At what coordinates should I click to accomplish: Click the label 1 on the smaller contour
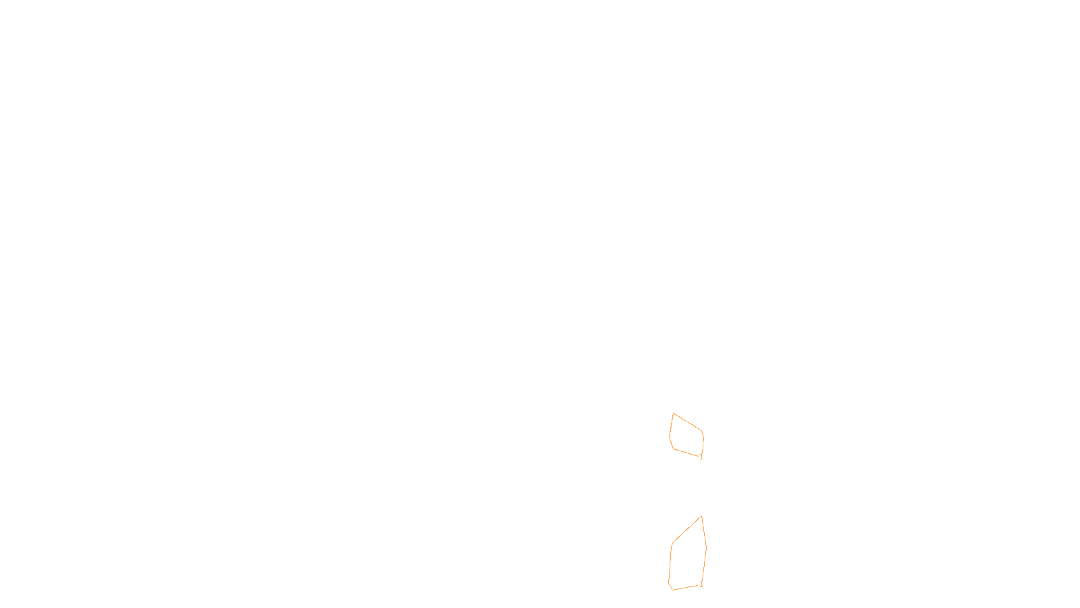701,457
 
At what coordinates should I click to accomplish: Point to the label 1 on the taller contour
701,584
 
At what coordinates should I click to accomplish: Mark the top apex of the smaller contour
673,413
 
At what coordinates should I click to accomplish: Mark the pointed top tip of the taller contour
702,516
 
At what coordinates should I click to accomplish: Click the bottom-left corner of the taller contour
672,590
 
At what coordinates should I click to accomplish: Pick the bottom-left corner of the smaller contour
674,449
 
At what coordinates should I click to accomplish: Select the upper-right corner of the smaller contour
703,432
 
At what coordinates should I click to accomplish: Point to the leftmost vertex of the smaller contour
670,436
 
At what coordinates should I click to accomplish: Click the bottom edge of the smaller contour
686,453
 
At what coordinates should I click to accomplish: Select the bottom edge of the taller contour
686,587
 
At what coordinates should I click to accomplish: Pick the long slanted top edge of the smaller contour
688,422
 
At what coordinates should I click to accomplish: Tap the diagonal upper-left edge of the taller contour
687,530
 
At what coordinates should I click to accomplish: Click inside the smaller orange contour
687,437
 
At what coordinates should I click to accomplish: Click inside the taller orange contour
688,557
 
